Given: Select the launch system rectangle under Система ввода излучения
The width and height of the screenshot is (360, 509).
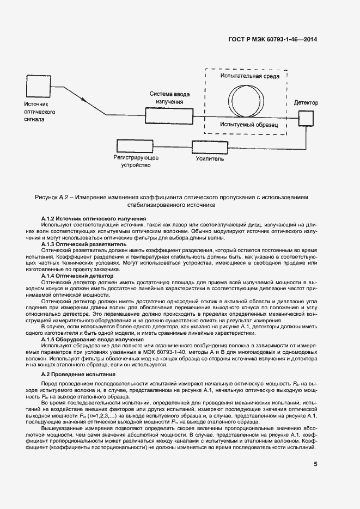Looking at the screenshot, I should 169,115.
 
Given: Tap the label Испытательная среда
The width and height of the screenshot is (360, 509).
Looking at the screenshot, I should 250,76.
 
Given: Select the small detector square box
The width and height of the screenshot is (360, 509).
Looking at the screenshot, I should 306,115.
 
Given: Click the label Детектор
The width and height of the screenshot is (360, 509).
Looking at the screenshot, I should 306,102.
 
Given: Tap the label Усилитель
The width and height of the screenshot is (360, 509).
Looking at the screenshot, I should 210,160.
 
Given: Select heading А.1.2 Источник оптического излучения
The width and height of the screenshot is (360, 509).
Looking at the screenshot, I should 94,218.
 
